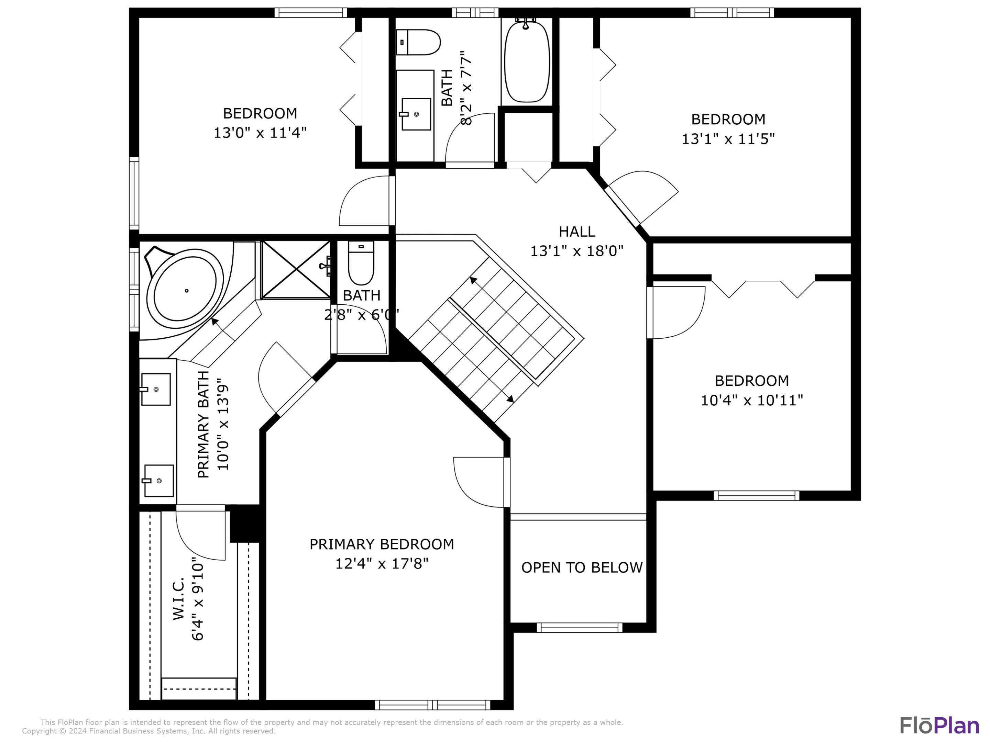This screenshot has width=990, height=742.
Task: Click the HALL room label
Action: coord(577,232)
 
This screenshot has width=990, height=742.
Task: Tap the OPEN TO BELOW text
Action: coord(582,567)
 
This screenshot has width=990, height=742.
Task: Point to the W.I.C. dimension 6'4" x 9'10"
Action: coord(198,598)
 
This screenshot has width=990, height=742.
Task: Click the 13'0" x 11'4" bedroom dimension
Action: coord(260,133)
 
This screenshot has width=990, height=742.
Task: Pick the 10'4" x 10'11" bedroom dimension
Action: coord(752,400)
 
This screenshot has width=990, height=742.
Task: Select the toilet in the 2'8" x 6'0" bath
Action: coord(361,263)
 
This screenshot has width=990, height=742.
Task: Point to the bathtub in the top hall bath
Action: coord(527,60)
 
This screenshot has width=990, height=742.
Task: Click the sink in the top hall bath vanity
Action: coord(416,114)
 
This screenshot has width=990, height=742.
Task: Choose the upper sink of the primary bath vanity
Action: coord(155,390)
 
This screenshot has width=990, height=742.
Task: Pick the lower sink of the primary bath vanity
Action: coord(158,481)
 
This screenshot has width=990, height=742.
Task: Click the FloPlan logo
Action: coord(939,726)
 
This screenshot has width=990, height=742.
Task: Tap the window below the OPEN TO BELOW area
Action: coord(580,628)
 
